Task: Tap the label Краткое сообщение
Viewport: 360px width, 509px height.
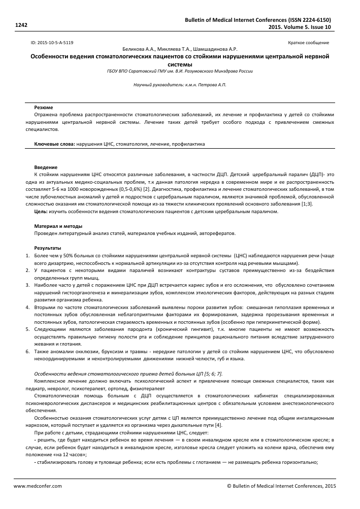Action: [x=308, y=43]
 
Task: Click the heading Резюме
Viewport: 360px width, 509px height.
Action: [x=42, y=108]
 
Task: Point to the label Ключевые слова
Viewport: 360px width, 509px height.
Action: [x=54, y=144]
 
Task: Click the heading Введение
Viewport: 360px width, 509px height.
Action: [x=45, y=167]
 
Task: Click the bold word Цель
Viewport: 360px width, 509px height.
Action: [x=41, y=211]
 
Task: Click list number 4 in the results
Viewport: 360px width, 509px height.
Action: [x=28, y=308]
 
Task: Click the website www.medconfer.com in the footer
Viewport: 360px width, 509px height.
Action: [x=37, y=485]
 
